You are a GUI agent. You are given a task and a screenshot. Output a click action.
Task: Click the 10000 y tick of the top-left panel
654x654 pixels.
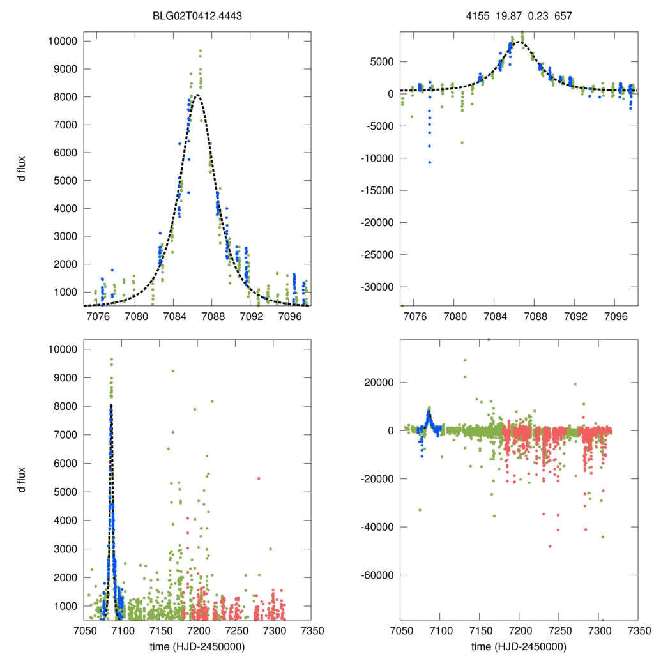click(x=63, y=42)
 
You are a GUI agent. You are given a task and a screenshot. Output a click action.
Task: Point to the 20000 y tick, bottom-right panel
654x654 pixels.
click(x=379, y=383)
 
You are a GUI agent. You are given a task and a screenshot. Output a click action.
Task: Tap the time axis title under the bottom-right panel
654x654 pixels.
click(x=518, y=646)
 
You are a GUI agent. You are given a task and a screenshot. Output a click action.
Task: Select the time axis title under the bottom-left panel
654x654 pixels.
click(x=197, y=646)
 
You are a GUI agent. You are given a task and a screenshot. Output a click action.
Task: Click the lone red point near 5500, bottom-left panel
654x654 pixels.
click(x=259, y=478)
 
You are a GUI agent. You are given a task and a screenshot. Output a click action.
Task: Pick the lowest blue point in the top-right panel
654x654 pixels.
click(x=430, y=162)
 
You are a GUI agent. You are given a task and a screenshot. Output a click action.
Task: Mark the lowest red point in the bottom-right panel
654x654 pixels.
click(x=550, y=546)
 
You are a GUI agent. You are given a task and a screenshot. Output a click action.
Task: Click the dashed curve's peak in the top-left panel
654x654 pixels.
click(x=197, y=95)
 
